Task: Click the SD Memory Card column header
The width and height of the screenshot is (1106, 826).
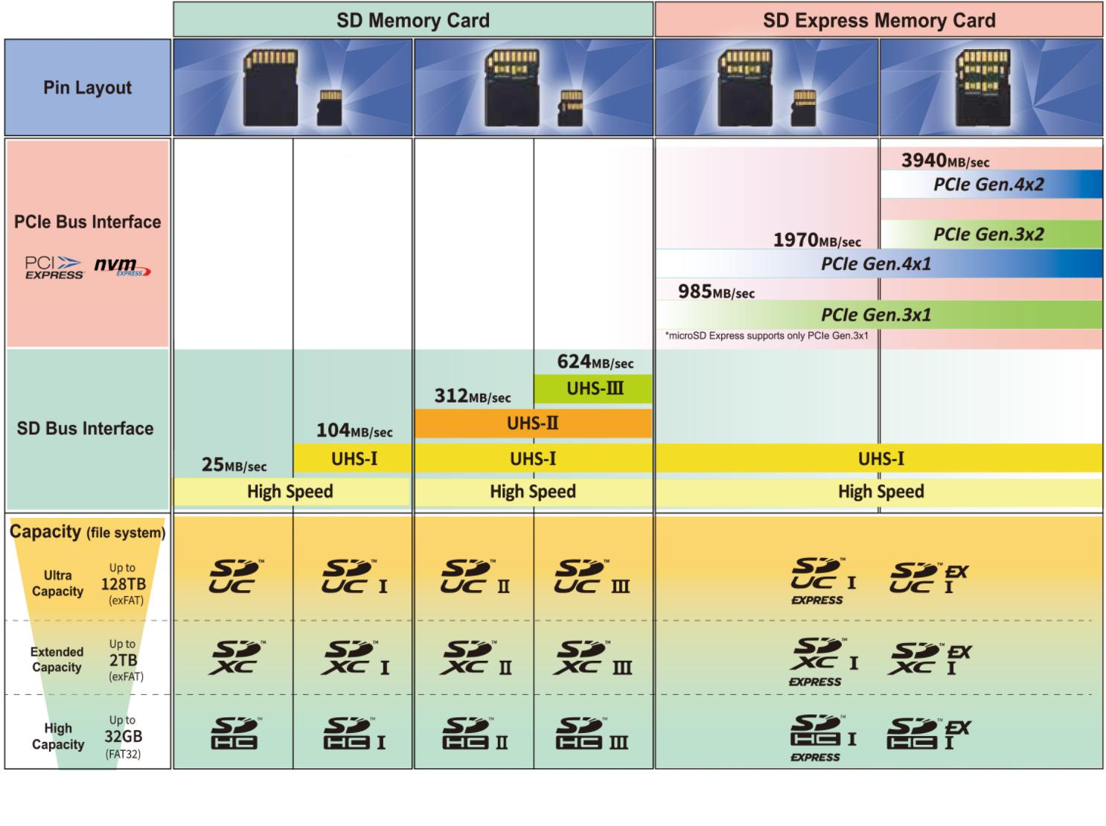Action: (413, 20)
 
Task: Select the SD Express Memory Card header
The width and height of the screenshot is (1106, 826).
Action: (878, 20)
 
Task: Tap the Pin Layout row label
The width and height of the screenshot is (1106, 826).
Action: (87, 88)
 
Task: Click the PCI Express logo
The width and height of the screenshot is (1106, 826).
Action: (54, 267)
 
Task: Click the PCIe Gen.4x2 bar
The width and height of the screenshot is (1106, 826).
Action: (991, 185)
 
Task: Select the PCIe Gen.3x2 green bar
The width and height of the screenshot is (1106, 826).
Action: (991, 234)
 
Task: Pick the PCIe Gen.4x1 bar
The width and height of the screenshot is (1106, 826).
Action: (878, 264)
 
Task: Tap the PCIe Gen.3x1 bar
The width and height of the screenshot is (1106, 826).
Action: (878, 315)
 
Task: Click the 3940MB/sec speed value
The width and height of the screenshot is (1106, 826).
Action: (944, 160)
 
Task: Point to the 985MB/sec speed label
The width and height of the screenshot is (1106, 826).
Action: (716, 292)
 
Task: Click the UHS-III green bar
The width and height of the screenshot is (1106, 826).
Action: (593, 388)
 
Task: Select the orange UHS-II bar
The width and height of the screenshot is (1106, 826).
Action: (533, 423)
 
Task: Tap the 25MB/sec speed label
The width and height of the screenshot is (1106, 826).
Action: (234, 465)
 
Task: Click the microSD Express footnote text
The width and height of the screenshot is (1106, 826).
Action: (766, 336)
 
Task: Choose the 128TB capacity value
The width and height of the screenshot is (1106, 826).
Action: (123, 584)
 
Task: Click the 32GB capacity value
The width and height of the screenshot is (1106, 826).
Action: (123, 737)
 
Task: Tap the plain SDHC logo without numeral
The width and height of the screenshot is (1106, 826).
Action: (234, 734)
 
